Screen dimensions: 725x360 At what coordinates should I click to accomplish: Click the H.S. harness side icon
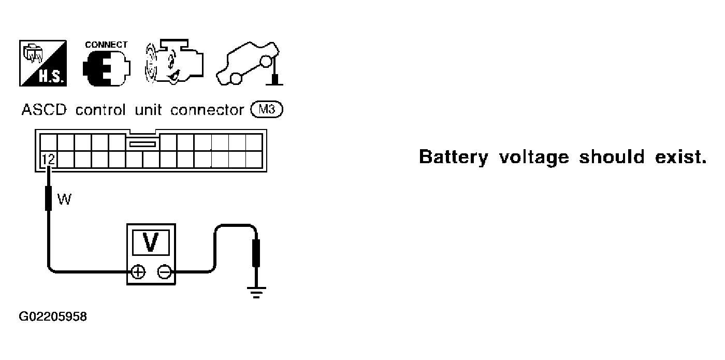[x=43, y=63]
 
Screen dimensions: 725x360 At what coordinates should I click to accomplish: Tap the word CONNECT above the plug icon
[x=106, y=45]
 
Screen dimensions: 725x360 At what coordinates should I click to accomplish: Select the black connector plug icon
[x=107, y=68]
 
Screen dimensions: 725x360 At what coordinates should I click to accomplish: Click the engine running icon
[x=174, y=62]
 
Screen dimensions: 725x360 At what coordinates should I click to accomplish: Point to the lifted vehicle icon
[x=250, y=63]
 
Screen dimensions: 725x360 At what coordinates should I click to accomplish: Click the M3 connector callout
[x=267, y=109]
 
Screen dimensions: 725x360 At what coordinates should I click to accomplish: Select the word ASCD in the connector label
[x=44, y=110]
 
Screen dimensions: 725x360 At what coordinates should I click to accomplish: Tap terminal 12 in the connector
[x=48, y=160]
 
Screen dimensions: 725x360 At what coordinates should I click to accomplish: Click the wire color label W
[x=64, y=199]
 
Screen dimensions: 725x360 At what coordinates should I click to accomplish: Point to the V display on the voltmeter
[x=151, y=242]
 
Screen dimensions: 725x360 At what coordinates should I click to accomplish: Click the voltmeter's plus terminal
[x=138, y=271]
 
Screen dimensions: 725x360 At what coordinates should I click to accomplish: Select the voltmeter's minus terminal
[x=165, y=271]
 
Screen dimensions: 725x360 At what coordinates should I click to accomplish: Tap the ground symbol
[x=256, y=292]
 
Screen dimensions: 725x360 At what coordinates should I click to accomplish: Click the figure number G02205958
[x=53, y=316]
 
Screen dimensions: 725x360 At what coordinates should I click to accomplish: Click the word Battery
[x=454, y=157]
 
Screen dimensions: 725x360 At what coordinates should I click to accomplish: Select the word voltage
[x=534, y=157]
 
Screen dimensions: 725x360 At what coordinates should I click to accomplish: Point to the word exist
[x=680, y=157]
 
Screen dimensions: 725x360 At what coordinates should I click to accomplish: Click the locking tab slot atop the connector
[x=142, y=144]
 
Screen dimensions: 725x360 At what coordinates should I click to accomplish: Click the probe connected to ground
[x=256, y=253]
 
